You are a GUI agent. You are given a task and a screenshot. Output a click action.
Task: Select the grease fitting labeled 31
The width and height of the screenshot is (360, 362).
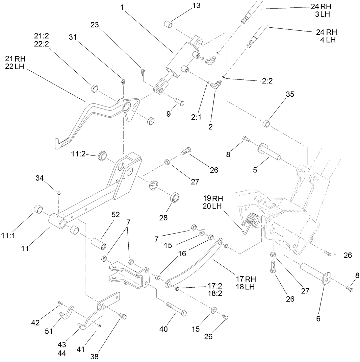tap(123, 81)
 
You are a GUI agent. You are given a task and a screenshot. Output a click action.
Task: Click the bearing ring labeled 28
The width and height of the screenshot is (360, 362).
tap(175, 198)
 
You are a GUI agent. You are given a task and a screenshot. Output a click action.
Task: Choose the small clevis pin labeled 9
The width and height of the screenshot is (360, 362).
tap(179, 100)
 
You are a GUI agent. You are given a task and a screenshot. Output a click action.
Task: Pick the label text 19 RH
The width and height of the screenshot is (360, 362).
tap(213, 198)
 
